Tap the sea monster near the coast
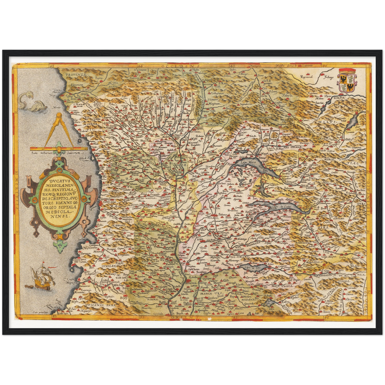click(32, 103)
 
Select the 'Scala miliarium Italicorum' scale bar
click(59, 149)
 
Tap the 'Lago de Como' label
click(279, 207)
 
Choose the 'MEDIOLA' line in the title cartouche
click(58, 212)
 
